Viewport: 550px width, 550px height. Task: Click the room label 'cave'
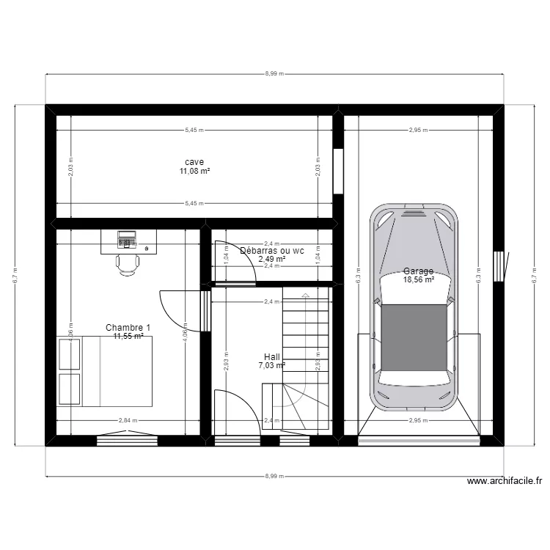[x=194, y=162]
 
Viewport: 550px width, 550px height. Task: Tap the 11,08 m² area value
[x=194, y=172]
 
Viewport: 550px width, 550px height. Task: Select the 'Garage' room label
[x=418, y=271]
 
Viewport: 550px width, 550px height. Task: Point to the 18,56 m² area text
[x=418, y=279]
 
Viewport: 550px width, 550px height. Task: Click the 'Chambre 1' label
[x=128, y=327]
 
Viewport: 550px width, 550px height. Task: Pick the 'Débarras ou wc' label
[x=272, y=250]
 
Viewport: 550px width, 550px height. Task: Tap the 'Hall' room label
[x=271, y=356]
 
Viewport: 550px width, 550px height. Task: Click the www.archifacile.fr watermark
[x=505, y=482]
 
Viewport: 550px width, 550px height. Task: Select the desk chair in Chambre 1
[x=127, y=263]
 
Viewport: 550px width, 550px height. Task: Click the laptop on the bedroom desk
[x=128, y=238]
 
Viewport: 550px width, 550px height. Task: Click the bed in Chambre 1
[x=110, y=371]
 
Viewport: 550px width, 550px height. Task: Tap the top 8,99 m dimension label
[x=274, y=74]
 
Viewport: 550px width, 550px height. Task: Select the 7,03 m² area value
[x=271, y=365]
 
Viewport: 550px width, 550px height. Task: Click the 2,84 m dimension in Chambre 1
[x=127, y=421]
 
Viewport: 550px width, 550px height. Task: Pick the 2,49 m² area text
[x=271, y=259]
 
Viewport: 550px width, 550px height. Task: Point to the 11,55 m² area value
[x=128, y=337]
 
